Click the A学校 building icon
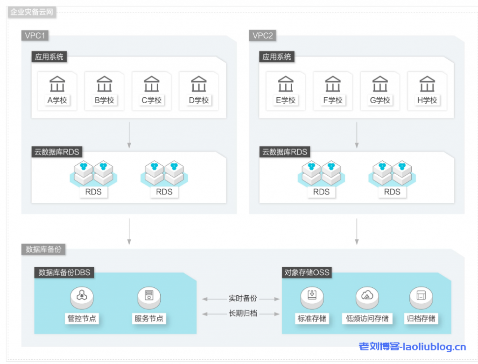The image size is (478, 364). click(x=57, y=85)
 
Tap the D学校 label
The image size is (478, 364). click(x=199, y=100)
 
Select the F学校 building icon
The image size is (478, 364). click(x=333, y=85)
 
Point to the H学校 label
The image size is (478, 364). click(x=427, y=100)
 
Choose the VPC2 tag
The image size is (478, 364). click(x=263, y=36)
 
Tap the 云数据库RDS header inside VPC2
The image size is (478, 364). click(x=285, y=152)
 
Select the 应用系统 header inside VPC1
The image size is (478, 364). click(x=49, y=57)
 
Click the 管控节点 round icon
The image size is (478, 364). click(x=82, y=295)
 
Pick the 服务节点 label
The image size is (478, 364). click(x=149, y=319)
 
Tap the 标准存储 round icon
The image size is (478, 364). click(x=312, y=295)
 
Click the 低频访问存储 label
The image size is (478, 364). click(x=367, y=319)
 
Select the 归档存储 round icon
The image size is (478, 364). click(x=422, y=295)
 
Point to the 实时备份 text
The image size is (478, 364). click(x=243, y=298)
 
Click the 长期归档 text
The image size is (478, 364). click(x=243, y=313)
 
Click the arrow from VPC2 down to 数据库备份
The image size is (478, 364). click(x=357, y=231)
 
